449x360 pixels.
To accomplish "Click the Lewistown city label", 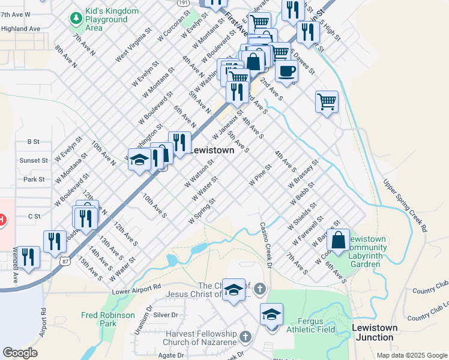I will pyautogui.click(x=212, y=151).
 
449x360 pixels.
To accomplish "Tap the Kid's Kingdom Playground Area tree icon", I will pyautogui.click(x=76, y=20).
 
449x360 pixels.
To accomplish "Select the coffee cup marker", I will pyautogui.click(x=286, y=71).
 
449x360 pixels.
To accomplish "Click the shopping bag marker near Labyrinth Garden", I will pyautogui.click(x=339, y=240).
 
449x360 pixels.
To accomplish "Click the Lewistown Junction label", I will pyautogui.click(x=375, y=332).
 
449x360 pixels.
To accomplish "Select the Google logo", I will pyautogui.click(x=20, y=353).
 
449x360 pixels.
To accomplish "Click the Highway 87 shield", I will pyautogui.click(x=65, y=260).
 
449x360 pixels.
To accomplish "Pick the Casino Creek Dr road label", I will pyautogui.click(x=265, y=245).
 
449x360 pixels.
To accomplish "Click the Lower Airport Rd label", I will pyautogui.click(x=137, y=288).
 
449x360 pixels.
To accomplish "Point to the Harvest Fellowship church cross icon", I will pyautogui.click(x=244, y=336).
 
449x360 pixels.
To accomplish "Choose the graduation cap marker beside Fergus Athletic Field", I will pyautogui.click(x=271, y=314).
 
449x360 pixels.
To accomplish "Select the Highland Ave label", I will pyautogui.click(x=20, y=28).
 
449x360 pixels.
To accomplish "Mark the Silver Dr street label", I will pyautogui.click(x=166, y=314).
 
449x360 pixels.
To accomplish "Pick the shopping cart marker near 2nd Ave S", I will pyautogui.click(x=327, y=101).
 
